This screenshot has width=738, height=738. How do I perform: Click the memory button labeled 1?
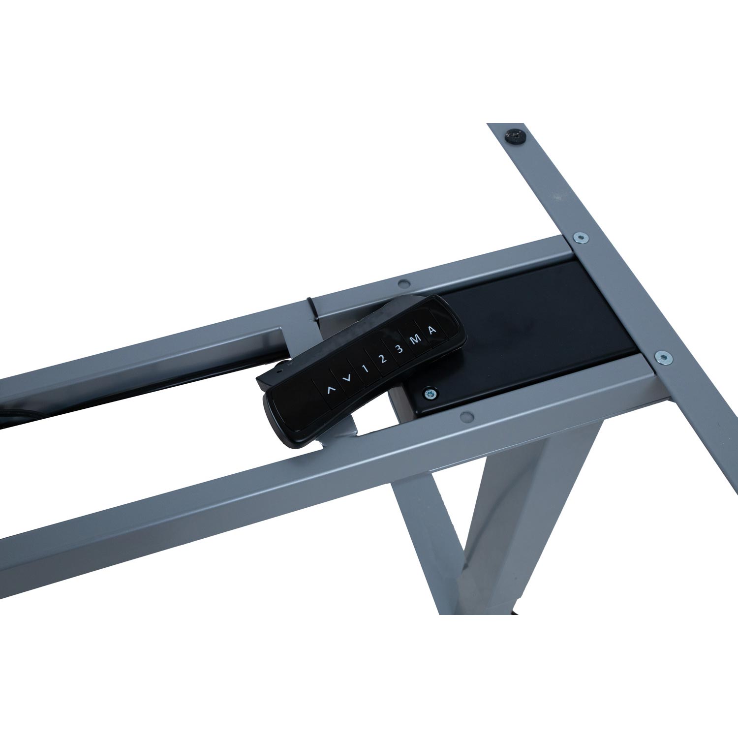pyautogui.click(x=365, y=369)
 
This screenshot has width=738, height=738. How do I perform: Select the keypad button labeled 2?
pyautogui.click(x=382, y=359)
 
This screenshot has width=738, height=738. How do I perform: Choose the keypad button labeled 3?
pyautogui.click(x=400, y=349)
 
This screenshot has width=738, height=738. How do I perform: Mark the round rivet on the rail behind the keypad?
pyautogui.click(x=403, y=283)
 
